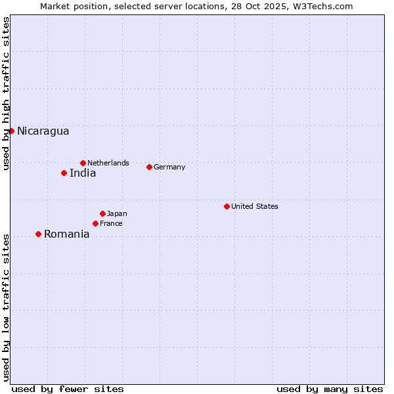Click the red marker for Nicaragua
coord(11,131)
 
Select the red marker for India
coord(64,173)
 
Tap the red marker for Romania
coord(38,234)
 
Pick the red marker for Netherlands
coord(83,163)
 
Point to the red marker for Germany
coord(149,167)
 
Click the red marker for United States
coord(227,206)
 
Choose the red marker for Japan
coord(102,213)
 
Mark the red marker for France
coord(95,223)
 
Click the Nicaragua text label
coord(43,131)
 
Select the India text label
coord(83,173)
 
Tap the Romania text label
coord(66,234)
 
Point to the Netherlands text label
coord(108,163)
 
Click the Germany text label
coord(169,167)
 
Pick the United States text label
coord(255,206)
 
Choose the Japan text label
coord(117,213)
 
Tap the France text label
coord(111,223)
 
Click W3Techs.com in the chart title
coord(321,6)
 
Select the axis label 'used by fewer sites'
coord(68,389)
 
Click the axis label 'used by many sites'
coord(330,389)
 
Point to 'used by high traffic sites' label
coord(6,93)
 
